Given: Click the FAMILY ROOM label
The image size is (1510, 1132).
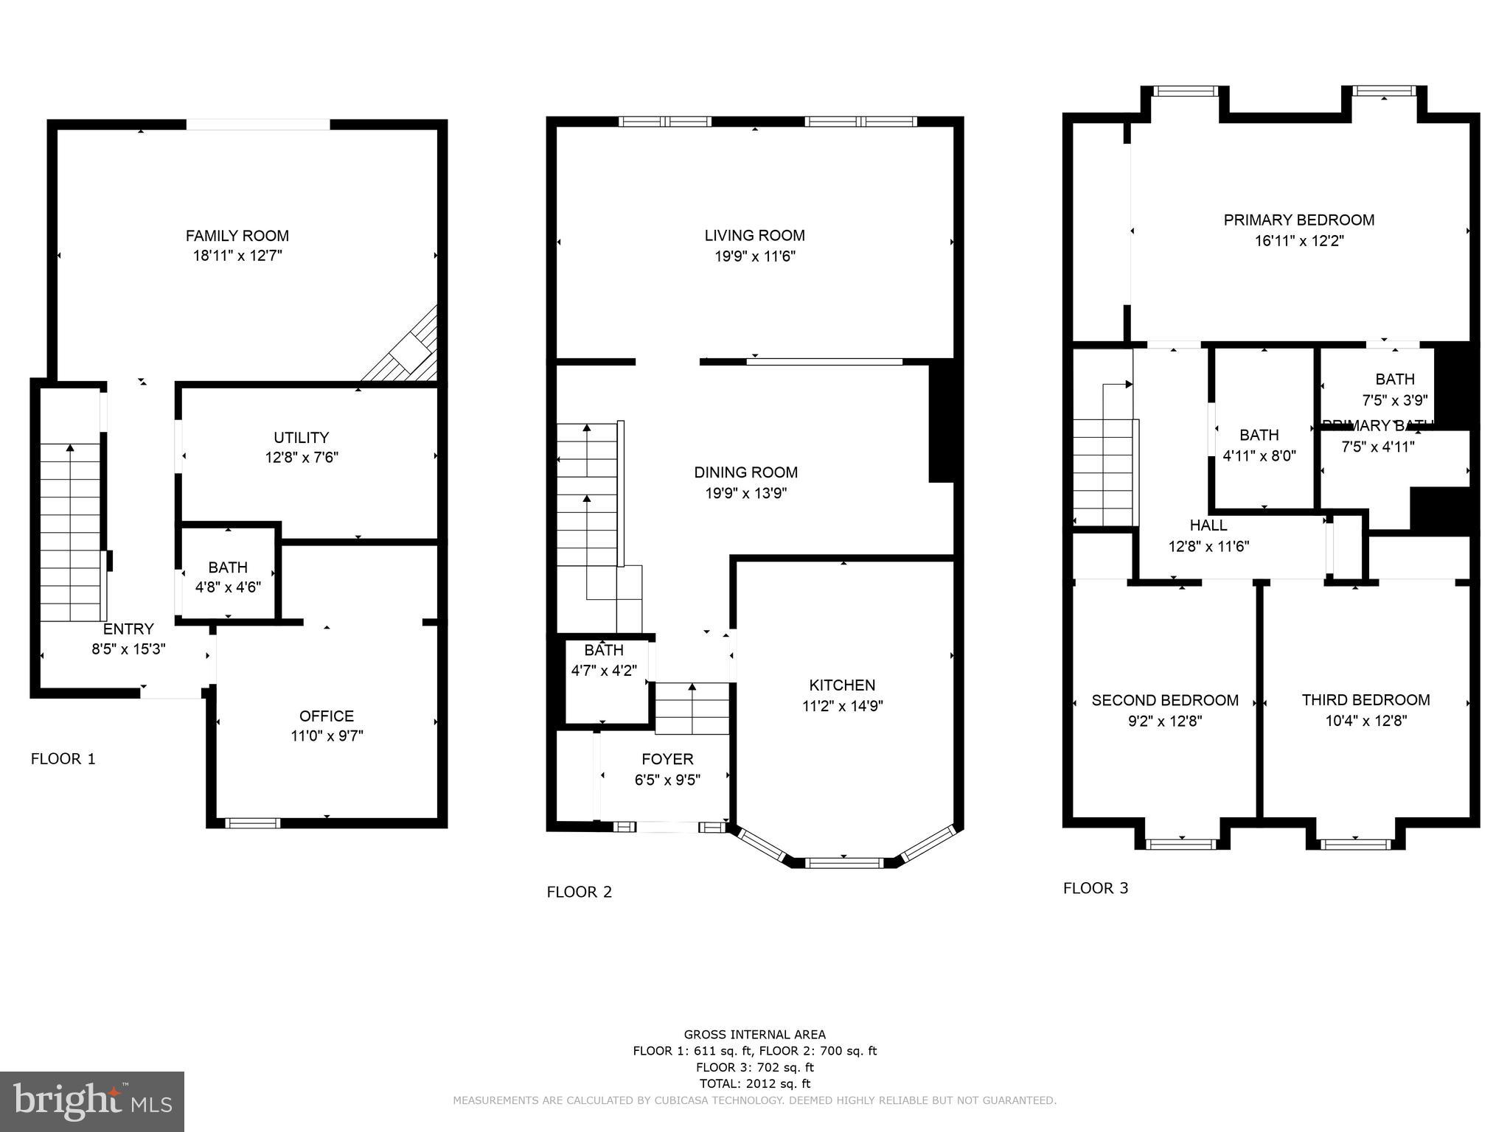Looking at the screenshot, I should point(237,236).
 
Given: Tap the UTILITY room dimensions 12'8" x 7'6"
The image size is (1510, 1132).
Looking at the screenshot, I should point(302,458).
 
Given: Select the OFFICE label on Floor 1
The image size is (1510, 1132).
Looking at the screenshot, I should point(326,716).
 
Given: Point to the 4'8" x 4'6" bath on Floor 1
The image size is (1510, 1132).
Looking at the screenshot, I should point(228,577).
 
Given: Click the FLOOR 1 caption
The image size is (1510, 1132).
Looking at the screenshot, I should point(63,758).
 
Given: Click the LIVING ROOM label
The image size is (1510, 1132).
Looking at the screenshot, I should point(754,235).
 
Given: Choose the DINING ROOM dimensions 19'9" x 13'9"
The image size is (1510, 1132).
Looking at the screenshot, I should point(745,493).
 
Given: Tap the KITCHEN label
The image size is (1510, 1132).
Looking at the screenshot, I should point(842,685).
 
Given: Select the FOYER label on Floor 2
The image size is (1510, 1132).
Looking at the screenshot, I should point(667,759).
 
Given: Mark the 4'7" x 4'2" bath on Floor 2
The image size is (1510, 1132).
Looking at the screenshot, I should point(604,660).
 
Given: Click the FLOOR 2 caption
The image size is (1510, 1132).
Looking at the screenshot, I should point(580,892).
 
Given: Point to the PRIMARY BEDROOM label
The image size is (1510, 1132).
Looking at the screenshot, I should point(1298,220).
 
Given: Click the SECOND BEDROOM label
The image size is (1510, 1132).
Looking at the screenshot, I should point(1165,700).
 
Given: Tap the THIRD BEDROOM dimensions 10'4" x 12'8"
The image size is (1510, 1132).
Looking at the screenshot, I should point(1365,721).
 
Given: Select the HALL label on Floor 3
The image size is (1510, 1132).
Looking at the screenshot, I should point(1208,525).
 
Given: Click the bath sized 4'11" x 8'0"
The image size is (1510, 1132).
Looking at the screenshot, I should point(1259,445).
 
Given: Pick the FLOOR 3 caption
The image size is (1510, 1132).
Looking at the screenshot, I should point(1096,888).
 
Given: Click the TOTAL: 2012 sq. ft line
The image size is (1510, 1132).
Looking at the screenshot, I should point(754,1083).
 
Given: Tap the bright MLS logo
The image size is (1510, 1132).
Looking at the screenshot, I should point(92,1101).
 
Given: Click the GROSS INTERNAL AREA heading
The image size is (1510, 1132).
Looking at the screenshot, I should point(754,1035).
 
